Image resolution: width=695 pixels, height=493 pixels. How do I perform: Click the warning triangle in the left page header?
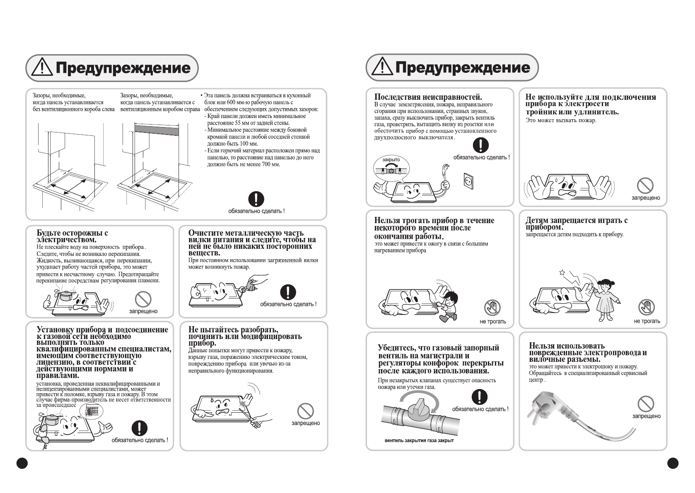[x=42, y=67]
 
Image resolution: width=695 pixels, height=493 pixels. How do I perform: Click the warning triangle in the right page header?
[x=381, y=67]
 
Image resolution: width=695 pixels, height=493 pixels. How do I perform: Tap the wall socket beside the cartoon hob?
[x=467, y=181]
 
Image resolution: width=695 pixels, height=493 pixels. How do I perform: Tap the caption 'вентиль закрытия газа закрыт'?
[x=419, y=440]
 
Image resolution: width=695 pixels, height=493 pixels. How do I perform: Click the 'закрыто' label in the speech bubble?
[x=391, y=159]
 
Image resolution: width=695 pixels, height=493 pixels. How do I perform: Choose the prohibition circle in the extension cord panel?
[x=645, y=185]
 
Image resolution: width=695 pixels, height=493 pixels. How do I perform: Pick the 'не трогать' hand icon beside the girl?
[x=646, y=307]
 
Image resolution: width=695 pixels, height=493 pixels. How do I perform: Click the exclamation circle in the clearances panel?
[x=256, y=199]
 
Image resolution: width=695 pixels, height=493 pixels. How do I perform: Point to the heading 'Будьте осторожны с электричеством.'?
[x=72, y=236]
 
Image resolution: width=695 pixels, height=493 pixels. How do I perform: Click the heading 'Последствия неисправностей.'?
[x=428, y=97]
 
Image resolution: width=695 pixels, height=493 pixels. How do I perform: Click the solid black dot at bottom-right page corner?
[x=673, y=463]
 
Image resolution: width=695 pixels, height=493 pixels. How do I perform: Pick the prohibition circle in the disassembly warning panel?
[x=305, y=411]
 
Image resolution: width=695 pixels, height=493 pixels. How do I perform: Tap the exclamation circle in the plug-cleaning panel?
[x=288, y=292]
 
